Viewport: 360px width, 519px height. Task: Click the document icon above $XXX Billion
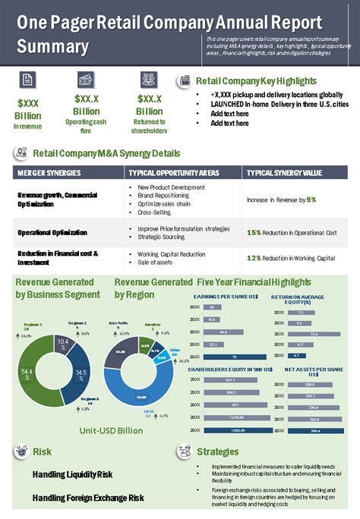pyautogui.click(x=27, y=80)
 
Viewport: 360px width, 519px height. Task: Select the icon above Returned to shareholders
pyautogui.click(x=149, y=80)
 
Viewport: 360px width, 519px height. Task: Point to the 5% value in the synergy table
pyautogui.click(x=311, y=200)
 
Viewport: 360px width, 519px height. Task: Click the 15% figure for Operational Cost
pyautogui.click(x=254, y=232)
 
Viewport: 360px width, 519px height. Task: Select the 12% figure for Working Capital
pyautogui.click(x=254, y=258)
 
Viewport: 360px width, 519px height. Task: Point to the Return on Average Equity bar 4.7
pyautogui.click(x=298, y=355)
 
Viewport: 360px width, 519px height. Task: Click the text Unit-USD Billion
pyautogui.click(x=111, y=430)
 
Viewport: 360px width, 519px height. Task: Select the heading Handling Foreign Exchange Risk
pyautogui.click(x=88, y=498)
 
